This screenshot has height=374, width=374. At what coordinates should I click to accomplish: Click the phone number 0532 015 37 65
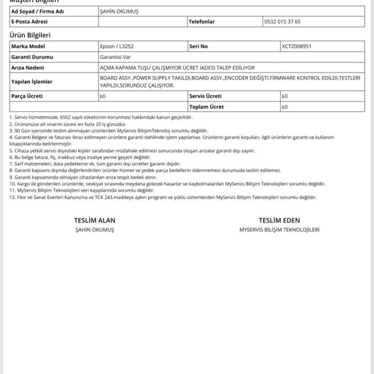point(282,22)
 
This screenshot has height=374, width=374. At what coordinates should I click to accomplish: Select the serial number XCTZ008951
point(296,47)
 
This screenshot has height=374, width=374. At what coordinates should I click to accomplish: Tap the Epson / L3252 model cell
point(116,47)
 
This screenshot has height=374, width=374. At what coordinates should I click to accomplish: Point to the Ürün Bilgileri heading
point(30,35)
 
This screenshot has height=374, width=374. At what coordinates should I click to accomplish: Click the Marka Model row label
point(28,47)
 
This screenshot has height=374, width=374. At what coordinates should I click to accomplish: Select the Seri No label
point(198,47)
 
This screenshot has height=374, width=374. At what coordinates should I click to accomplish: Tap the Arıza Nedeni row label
point(27,68)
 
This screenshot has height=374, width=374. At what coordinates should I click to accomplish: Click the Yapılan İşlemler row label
point(32,82)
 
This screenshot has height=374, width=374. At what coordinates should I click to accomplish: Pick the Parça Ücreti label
point(27,96)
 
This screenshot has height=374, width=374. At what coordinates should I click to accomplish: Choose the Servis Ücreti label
point(205,96)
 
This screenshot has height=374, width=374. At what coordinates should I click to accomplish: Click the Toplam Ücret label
point(206,107)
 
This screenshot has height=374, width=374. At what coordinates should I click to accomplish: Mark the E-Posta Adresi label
point(29,22)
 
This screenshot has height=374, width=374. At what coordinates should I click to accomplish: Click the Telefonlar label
point(202,22)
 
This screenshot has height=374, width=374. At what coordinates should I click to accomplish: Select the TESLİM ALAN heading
point(94,220)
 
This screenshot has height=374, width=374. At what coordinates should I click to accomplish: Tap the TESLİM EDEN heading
point(279,220)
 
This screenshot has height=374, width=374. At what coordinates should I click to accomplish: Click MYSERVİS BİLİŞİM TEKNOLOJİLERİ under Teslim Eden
point(279,229)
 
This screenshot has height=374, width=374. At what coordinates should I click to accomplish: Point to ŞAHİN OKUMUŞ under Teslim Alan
point(94,229)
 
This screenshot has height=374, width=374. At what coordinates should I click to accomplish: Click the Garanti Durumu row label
point(32,57)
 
